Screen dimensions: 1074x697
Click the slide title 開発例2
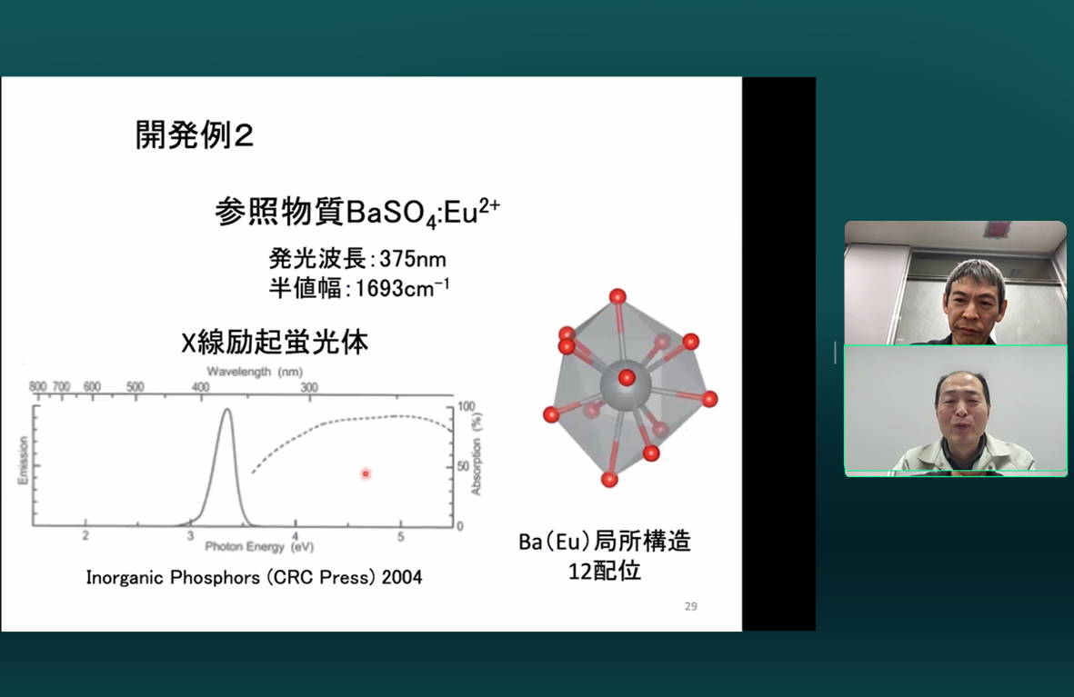[195, 134]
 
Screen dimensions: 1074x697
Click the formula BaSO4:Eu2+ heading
[423, 213]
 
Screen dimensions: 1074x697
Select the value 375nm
[413, 260]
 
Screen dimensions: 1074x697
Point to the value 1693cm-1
[402, 288]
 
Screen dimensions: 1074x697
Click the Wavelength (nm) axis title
[255, 372]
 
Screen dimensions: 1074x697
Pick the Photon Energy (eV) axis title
[259, 546]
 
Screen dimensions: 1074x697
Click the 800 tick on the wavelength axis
[37, 387]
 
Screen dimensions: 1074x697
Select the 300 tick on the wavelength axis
[309, 387]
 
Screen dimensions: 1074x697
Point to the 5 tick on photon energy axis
[401, 537]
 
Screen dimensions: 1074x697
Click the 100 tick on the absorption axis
[466, 406]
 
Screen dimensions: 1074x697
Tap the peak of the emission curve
[226, 410]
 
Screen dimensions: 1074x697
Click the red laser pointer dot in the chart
[366, 473]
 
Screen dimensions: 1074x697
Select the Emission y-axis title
[24, 460]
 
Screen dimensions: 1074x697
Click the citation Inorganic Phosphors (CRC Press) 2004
[254, 578]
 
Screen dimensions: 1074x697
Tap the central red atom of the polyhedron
[627, 377]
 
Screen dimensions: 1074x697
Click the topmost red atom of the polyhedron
[617, 296]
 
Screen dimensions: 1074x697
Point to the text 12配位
[605, 571]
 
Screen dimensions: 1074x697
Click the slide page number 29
[691, 607]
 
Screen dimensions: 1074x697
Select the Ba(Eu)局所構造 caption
[605, 542]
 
